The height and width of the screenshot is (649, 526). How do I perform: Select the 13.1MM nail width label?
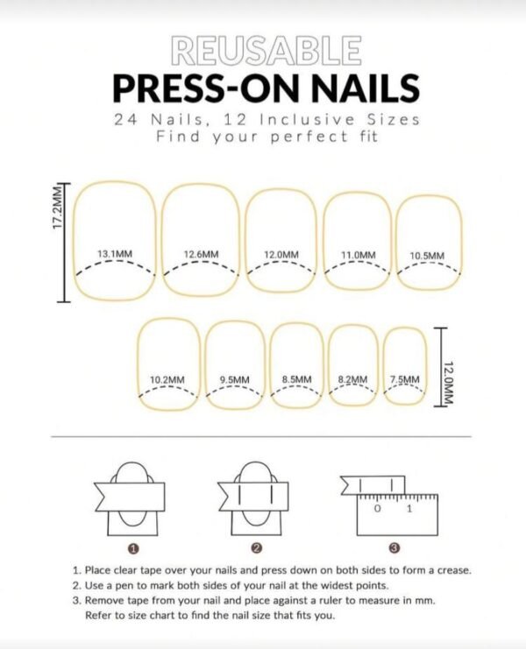tap(115, 255)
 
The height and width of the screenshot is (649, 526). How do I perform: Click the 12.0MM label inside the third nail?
tap(281, 255)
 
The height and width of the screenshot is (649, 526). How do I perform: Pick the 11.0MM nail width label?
tap(358, 255)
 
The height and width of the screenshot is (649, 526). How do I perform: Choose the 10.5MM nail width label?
tap(427, 256)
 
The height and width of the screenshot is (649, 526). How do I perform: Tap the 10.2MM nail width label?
tap(167, 379)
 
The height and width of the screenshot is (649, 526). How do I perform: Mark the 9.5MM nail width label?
tap(234, 379)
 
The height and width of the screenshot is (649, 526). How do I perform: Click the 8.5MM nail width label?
tap(297, 379)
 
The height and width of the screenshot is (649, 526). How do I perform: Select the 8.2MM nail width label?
tap(352, 379)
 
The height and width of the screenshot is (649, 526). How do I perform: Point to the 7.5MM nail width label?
tap(404, 379)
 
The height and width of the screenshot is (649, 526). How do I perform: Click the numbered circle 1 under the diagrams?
tap(132, 548)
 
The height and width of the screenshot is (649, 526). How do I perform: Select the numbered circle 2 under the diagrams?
tap(257, 548)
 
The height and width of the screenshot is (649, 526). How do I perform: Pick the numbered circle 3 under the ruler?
tap(394, 548)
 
